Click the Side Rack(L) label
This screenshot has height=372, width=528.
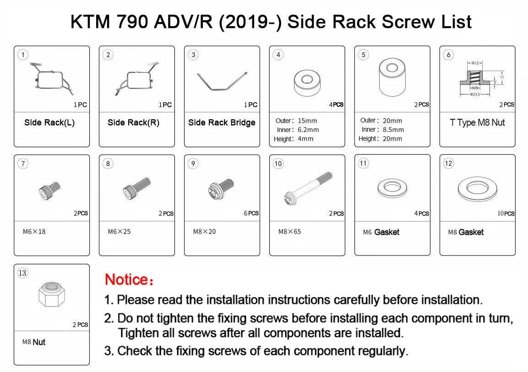click(x=49, y=123)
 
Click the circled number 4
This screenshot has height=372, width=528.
click(x=278, y=55)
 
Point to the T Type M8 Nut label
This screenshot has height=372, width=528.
click(x=477, y=123)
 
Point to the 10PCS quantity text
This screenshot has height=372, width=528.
click(x=506, y=213)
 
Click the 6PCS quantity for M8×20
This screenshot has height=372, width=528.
click(x=251, y=213)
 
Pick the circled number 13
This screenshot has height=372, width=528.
click(x=22, y=273)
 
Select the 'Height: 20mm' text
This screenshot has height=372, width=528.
click(x=380, y=139)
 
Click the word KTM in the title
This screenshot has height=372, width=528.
click(x=89, y=22)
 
